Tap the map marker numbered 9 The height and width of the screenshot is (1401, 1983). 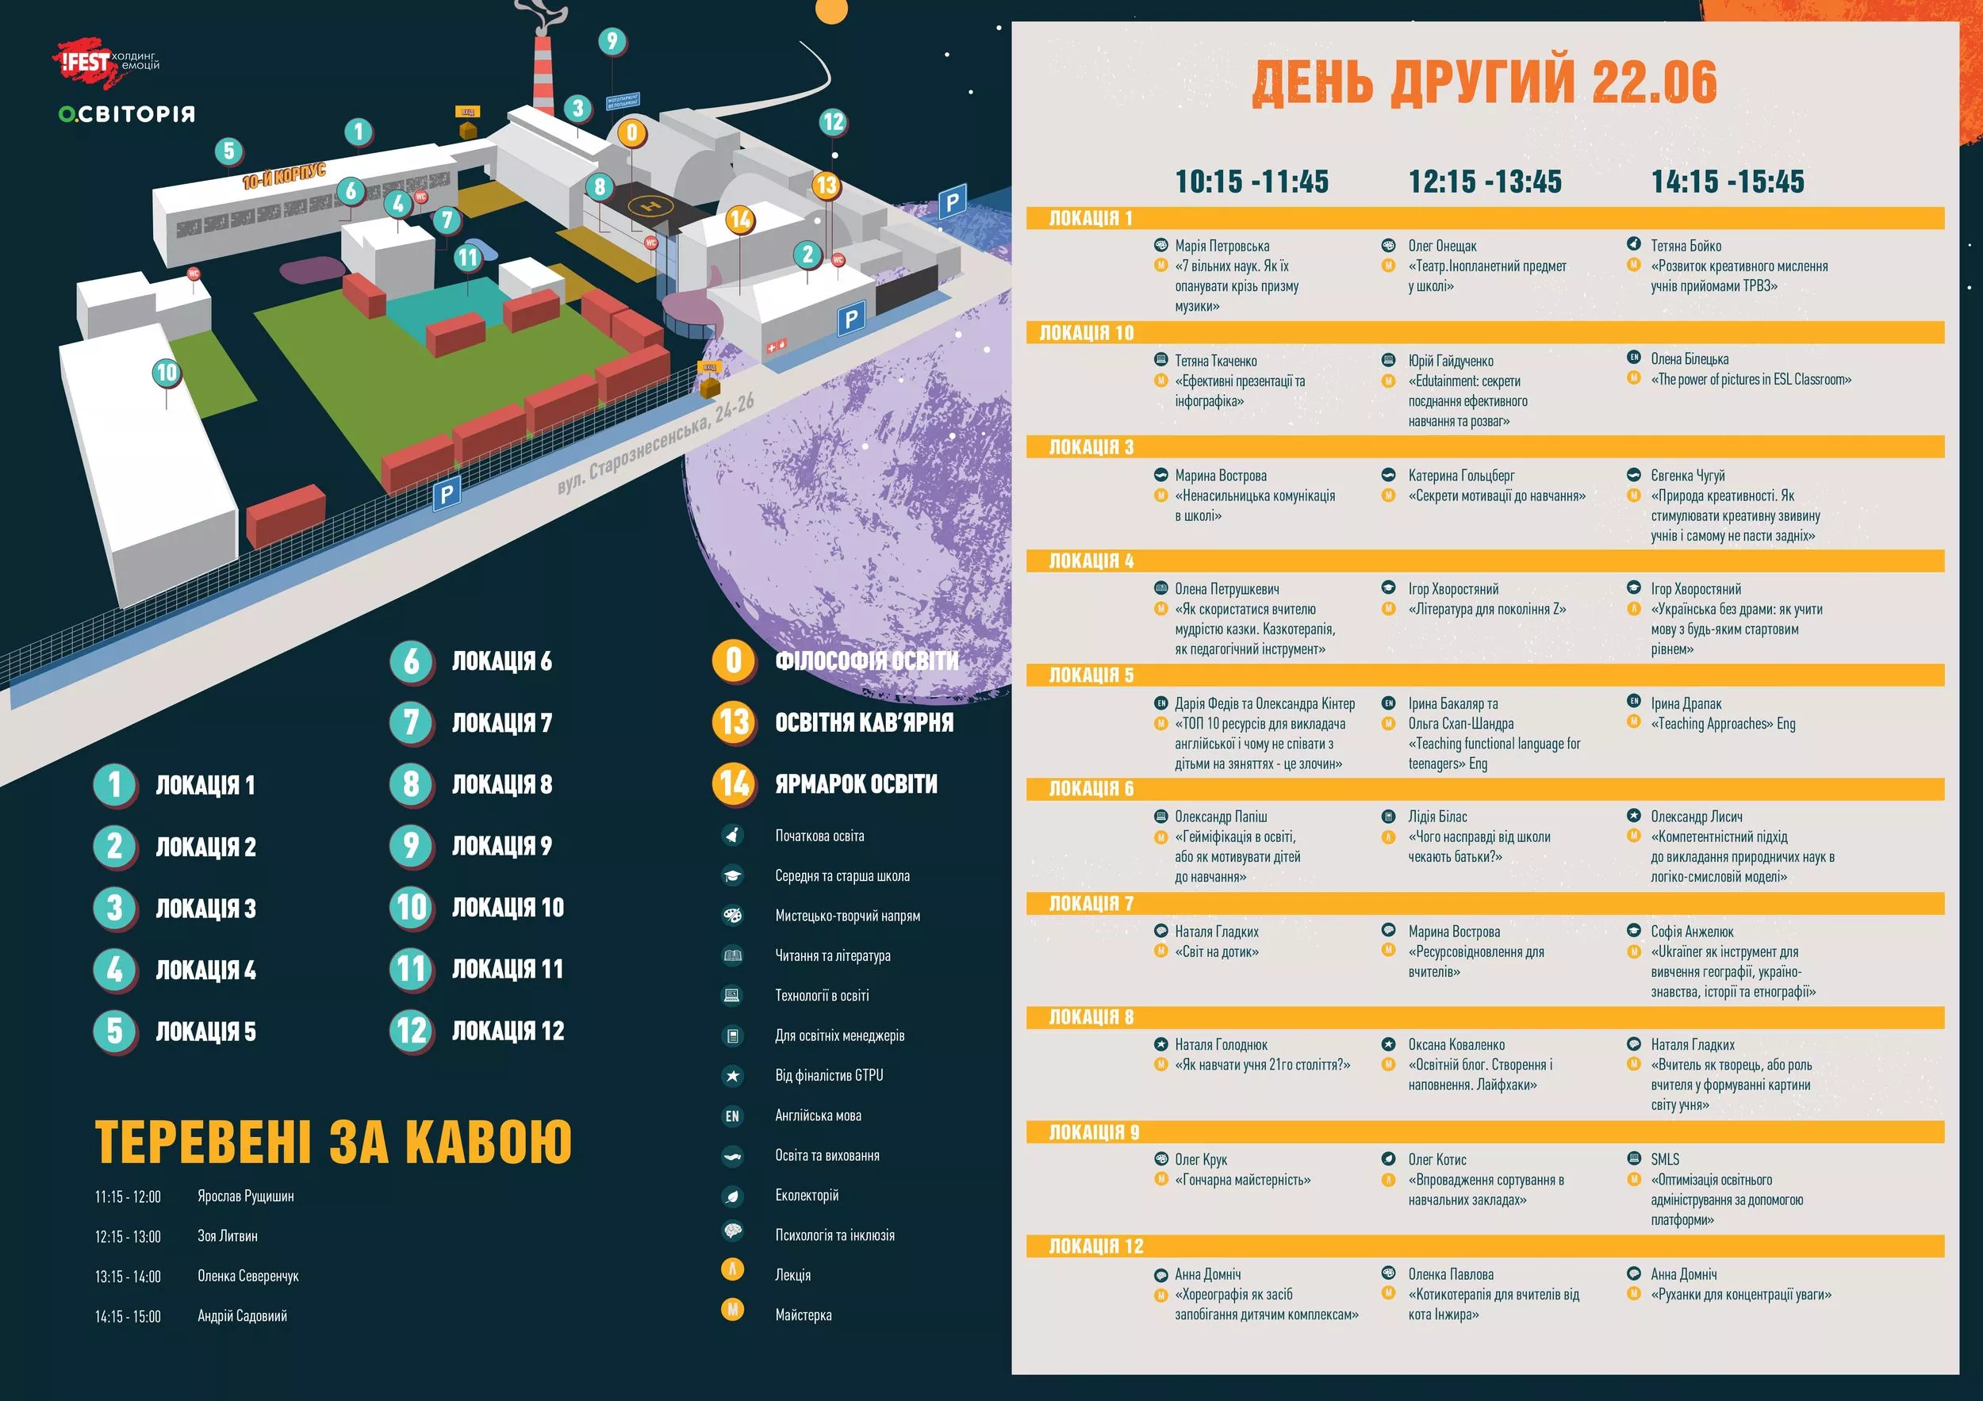click(612, 40)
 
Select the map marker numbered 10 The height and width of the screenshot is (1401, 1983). click(166, 373)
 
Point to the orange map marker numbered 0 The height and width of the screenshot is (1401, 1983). click(632, 133)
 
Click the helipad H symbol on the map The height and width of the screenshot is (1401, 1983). click(653, 205)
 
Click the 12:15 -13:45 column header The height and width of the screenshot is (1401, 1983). click(1485, 182)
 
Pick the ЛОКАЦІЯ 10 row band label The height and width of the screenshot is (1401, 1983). click(1086, 333)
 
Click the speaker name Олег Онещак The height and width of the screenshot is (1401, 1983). click(1442, 246)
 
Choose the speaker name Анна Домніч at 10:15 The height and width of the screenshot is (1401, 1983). click(1207, 1274)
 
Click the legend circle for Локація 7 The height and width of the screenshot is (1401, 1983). click(411, 722)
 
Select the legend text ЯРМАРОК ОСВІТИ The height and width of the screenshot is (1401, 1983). click(855, 784)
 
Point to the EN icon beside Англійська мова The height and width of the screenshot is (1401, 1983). click(732, 1116)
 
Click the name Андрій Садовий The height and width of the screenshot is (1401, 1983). click(242, 1316)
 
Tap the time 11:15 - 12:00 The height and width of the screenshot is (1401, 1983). click(128, 1196)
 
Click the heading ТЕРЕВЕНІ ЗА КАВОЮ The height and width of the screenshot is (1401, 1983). click(332, 1142)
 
